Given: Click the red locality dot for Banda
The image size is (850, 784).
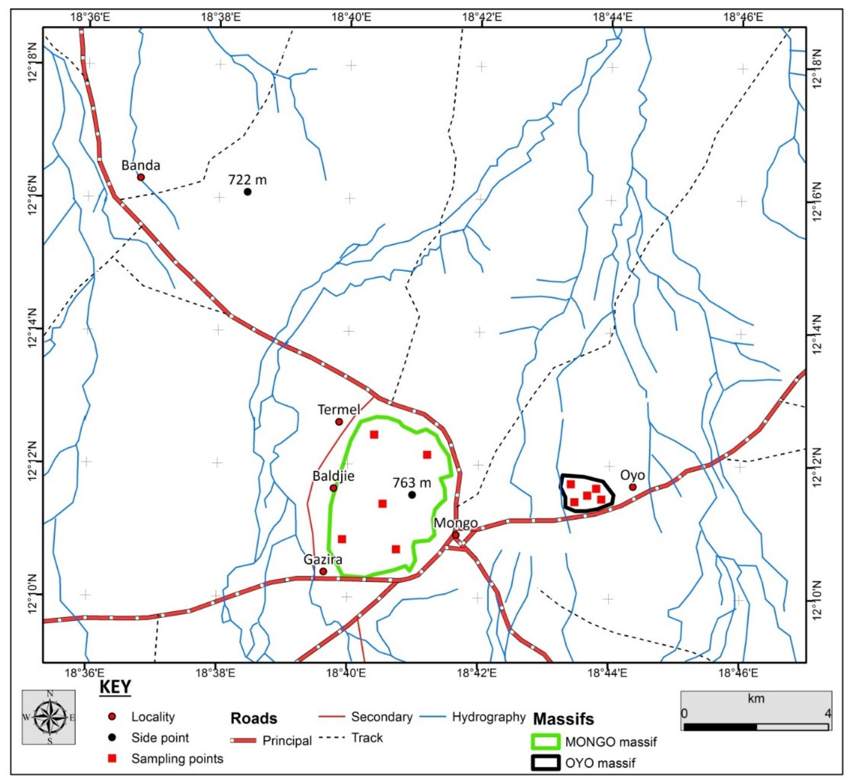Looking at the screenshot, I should [x=141, y=177].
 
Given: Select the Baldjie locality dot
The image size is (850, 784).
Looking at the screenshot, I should [x=333, y=488].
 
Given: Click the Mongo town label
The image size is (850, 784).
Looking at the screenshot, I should [x=455, y=523].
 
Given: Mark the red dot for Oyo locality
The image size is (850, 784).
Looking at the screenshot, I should [x=633, y=486].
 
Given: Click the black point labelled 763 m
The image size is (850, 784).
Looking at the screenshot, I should [x=412, y=495].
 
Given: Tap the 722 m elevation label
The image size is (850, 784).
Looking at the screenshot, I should [x=248, y=180].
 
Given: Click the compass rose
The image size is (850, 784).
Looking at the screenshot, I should [x=49, y=717].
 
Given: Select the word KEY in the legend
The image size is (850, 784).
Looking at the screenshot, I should [x=116, y=687].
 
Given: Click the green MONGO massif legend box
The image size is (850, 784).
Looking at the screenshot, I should [x=545, y=742].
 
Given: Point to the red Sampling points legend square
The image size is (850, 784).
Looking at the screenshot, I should [x=112, y=758].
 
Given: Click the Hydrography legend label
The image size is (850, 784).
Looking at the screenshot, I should [x=489, y=717].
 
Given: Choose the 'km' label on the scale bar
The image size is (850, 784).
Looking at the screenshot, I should [x=756, y=698].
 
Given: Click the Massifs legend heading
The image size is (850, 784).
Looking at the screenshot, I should [x=563, y=719].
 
